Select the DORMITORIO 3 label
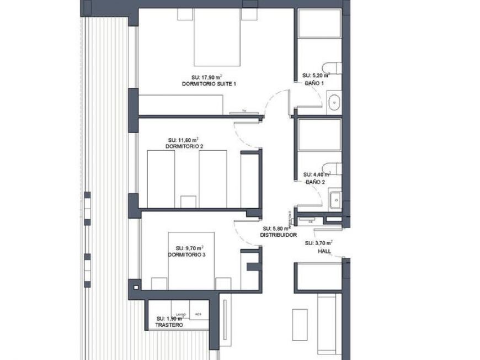[186, 255]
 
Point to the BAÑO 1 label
[314, 82]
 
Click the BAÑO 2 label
[314, 181]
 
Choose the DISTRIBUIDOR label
[278, 235]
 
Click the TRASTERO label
[169, 325]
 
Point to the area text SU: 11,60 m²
[184, 140]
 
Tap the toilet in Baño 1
[333, 68]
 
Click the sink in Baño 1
[334, 103]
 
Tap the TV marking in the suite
[244, 111]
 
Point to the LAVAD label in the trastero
[180, 314]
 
